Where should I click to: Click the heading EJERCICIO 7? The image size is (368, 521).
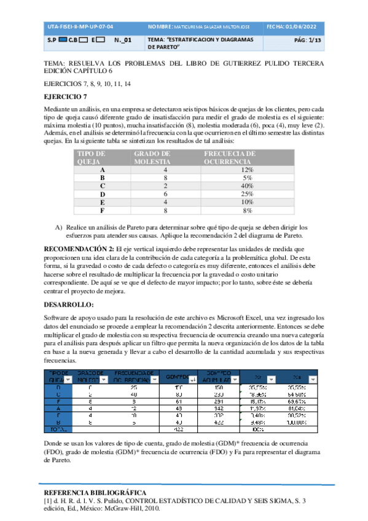[x=66, y=96]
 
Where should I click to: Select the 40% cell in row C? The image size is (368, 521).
[x=247, y=186]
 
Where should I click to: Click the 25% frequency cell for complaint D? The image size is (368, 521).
[x=247, y=194]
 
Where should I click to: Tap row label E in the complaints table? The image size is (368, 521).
[x=102, y=202]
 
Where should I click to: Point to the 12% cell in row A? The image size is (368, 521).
[x=247, y=170]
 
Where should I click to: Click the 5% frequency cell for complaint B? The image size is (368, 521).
[x=247, y=178]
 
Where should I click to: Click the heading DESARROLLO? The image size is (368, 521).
[x=69, y=305]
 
